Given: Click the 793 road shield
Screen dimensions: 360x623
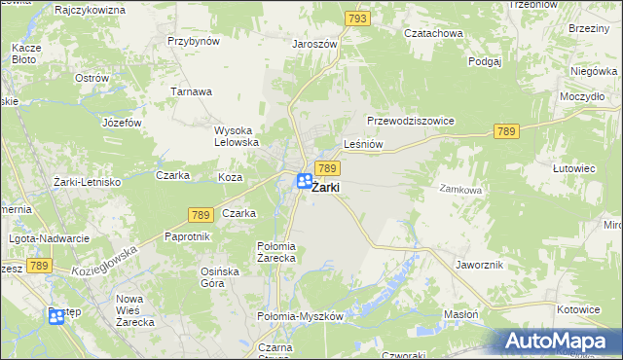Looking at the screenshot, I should (x=357, y=18).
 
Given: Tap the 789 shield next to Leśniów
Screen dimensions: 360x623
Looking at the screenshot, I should (x=327, y=169).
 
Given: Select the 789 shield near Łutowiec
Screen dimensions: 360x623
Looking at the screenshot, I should (x=506, y=131).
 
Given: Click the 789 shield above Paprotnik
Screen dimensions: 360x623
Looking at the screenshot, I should (x=200, y=212).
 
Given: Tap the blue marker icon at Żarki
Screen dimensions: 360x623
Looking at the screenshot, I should (x=305, y=181).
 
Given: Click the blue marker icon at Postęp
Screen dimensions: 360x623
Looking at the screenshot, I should (x=56, y=316).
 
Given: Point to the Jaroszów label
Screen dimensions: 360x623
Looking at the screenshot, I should (x=314, y=44).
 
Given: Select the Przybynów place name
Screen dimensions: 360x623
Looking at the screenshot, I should (x=194, y=41).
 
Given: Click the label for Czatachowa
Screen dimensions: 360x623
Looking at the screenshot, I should (x=435, y=33).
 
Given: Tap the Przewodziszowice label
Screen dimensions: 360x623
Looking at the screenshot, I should (x=412, y=121).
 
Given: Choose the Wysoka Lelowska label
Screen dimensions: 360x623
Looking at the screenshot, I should (x=236, y=135).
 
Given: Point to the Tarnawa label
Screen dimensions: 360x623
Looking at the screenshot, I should (x=192, y=91).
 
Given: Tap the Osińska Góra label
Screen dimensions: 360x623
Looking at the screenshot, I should (x=219, y=277).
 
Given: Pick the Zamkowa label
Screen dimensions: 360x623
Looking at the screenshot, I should (x=460, y=191).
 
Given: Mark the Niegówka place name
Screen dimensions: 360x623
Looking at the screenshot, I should (x=595, y=71).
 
